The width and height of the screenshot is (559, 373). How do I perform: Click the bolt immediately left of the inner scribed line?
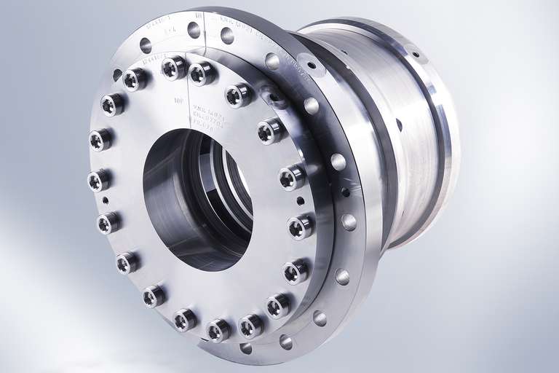174,68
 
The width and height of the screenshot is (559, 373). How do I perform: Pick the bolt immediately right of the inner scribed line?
202,73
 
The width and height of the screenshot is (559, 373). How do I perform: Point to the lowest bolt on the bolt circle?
218,330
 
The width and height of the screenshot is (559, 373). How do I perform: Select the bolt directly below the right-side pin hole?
300,227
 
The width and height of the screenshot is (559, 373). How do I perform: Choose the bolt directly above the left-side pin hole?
99,179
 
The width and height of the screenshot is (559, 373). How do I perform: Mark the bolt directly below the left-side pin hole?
108,222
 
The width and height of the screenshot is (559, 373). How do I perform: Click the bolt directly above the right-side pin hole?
291,176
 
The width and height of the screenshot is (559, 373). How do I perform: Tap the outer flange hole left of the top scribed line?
194,30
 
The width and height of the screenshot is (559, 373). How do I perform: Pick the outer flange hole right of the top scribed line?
227,36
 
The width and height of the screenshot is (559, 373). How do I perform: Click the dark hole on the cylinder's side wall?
399,125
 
